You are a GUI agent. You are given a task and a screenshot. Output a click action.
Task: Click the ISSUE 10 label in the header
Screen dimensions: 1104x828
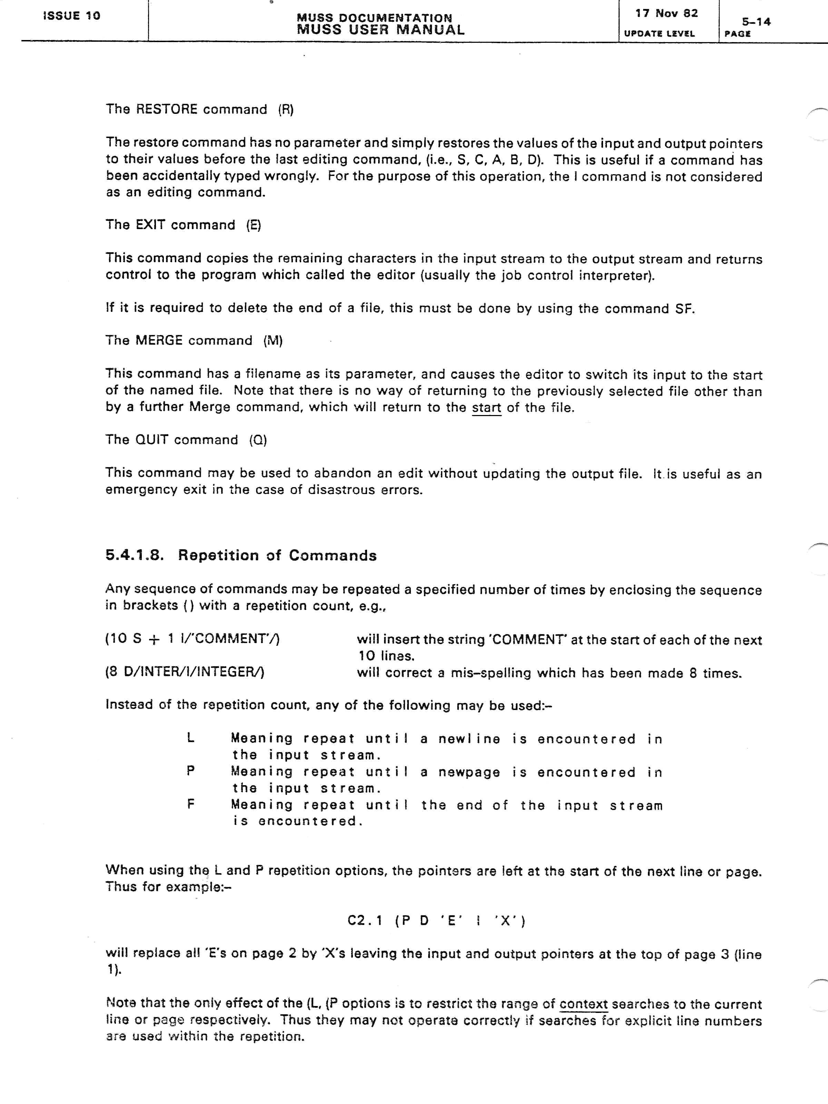tap(72, 16)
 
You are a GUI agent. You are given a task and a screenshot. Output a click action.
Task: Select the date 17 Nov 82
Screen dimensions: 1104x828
tap(666, 13)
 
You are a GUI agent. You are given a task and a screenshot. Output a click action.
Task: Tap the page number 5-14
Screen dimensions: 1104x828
tap(756, 21)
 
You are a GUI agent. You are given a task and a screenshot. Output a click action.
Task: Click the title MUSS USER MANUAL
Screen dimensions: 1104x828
tap(380, 30)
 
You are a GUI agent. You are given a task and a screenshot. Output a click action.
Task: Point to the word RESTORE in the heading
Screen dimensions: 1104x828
tap(167, 109)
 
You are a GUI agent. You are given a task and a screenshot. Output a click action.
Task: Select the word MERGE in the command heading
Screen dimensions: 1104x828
tap(159, 341)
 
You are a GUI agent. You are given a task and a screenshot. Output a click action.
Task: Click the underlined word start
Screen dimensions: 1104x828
tap(486, 408)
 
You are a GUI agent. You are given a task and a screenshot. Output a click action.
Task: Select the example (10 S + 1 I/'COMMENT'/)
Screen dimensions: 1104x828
tap(193, 639)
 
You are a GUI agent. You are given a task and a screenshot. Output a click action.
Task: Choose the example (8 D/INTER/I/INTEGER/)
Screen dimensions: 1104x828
tap(185, 672)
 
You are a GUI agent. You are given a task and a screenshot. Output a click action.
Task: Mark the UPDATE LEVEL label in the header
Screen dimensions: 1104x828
tap(659, 34)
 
